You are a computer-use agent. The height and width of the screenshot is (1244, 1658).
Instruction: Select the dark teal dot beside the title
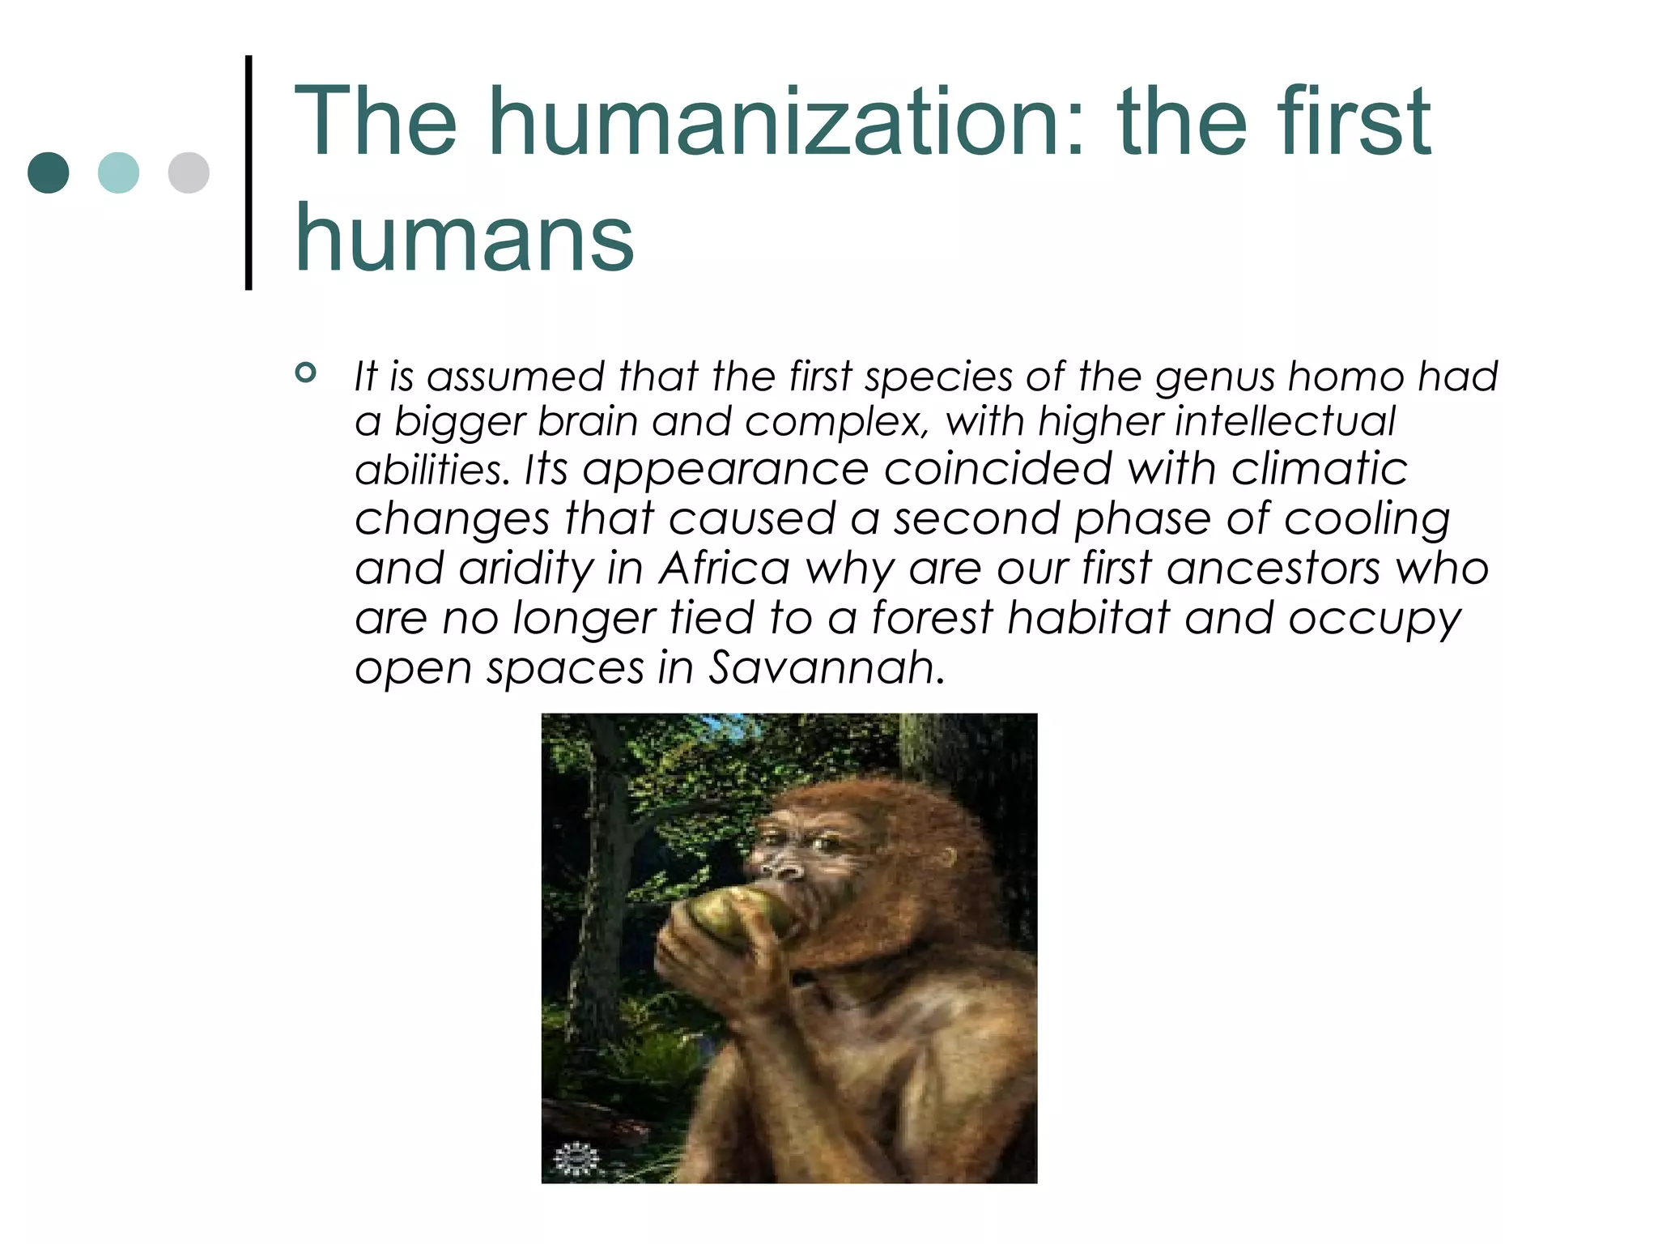coord(49,173)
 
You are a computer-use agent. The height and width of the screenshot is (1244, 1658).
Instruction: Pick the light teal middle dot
coord(118,173)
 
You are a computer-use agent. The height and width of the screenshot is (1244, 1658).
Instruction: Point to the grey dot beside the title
coord(189,173)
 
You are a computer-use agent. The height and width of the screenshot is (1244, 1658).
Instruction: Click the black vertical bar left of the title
coord(249,172)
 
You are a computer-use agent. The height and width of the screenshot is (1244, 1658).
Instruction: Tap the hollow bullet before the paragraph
coord(305,373)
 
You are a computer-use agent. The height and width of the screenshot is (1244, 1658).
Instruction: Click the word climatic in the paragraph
coord(1320,469)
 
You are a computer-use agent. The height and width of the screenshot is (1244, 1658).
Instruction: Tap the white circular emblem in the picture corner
coord(576,1157)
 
